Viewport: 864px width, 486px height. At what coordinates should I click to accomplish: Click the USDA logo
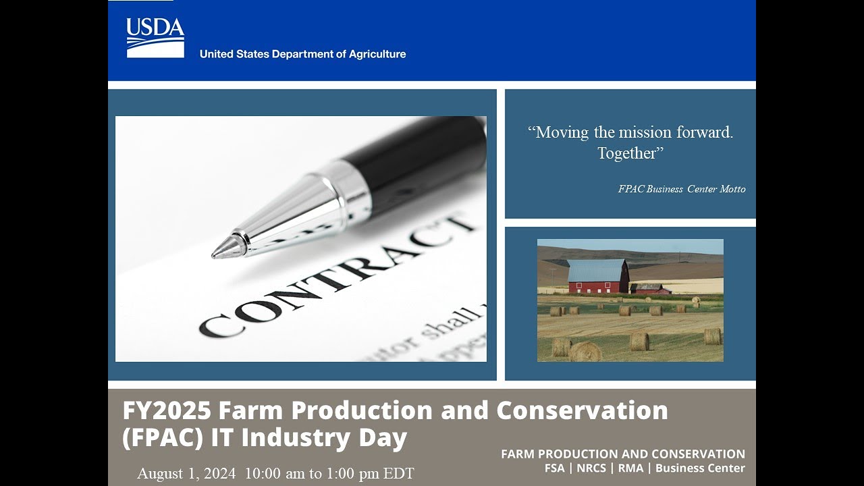point(155,38)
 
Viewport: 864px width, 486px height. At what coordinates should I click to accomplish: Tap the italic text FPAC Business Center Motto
point(682,189)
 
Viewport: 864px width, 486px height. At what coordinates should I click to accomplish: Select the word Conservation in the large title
point(582,410)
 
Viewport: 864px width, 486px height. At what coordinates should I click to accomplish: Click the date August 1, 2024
point(186,473)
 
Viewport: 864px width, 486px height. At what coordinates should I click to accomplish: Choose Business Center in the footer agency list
point(700,468)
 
